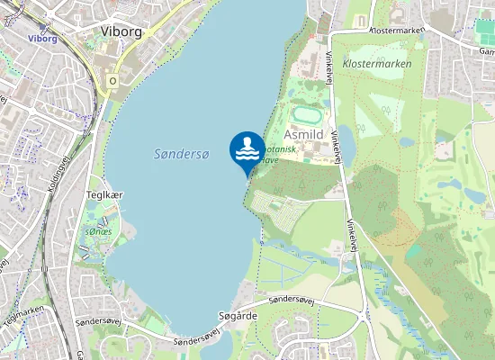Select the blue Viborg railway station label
42,39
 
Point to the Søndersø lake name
180,155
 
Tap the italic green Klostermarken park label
377,64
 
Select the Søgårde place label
238,316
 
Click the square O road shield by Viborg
112,80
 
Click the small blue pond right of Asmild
346,139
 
